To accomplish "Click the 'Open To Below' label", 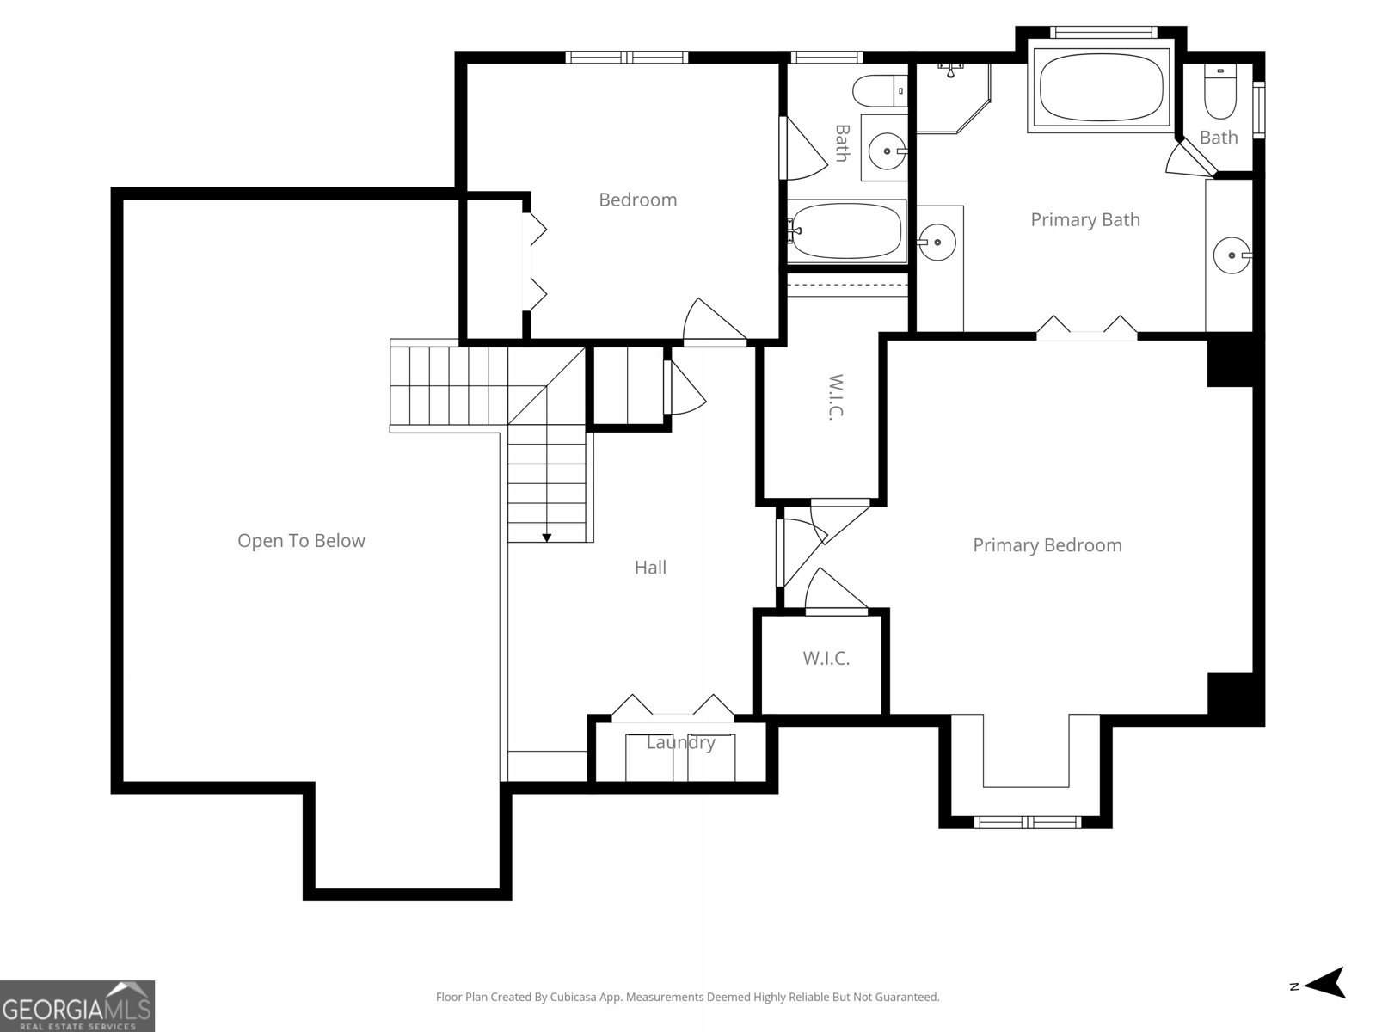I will (301, 541).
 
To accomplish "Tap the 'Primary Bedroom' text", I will (1047, 545).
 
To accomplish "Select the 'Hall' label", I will (650, 568).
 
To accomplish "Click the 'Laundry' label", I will (680, 743).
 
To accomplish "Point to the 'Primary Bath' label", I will (1085, 220).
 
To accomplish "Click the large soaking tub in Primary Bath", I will (1101, 85).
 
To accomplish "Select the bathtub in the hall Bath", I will (847, 230).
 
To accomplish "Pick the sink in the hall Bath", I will (886, 152).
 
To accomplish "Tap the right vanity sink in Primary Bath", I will (1232, 255).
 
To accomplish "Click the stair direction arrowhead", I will (546, 537).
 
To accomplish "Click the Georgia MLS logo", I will (77, 1005).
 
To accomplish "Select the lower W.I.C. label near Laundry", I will (826, 659).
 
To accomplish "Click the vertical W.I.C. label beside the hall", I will (835, 396).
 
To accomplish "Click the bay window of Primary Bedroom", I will (1029, 821).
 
